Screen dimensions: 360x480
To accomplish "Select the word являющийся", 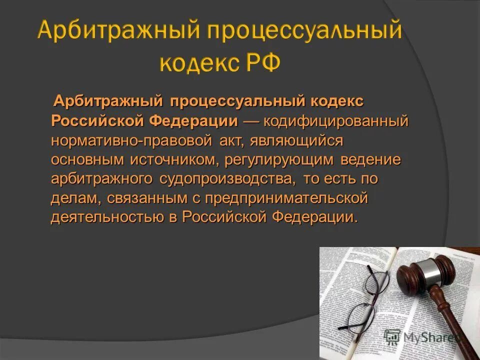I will tap(300, 141).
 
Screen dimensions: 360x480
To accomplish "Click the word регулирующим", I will tap(279, 160).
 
